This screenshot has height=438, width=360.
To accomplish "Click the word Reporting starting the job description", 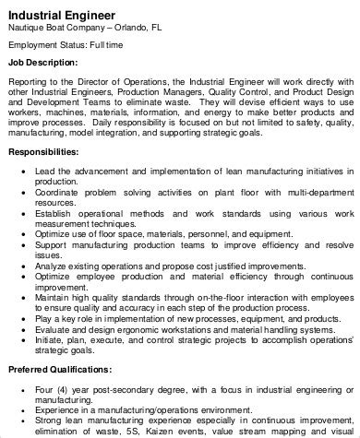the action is pyautogui.click(x=30, y=80).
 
